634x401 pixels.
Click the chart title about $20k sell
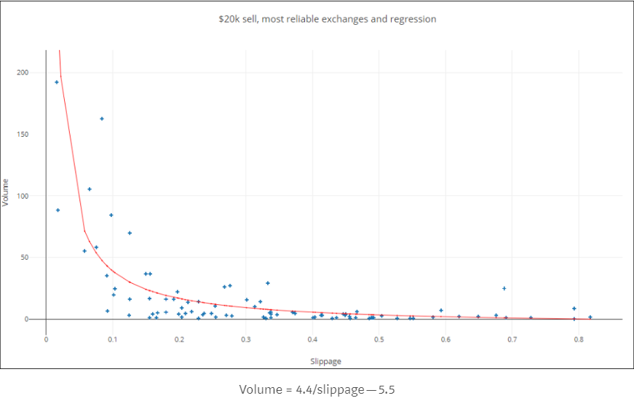coord(327,19)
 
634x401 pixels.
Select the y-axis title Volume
coord(6,192)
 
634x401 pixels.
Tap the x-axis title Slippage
coord(326,361)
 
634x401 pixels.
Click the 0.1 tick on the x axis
coord(112,339)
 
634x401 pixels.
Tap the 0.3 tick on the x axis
coord(245,339)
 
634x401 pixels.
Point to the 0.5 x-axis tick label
coord(379,339)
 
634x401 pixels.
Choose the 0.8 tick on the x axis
coord(578,339)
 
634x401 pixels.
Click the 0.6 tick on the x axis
coord(445,339)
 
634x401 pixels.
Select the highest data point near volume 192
coord(57,82)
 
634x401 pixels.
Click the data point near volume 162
coord(102,119)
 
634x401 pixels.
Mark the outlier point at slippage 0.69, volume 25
coord(504,288)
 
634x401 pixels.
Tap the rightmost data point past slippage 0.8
coord(590,317)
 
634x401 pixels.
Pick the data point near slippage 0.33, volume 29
coord(267,283)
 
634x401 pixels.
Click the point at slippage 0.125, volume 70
coord(130,233)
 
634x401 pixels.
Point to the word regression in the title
coord(412,19)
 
